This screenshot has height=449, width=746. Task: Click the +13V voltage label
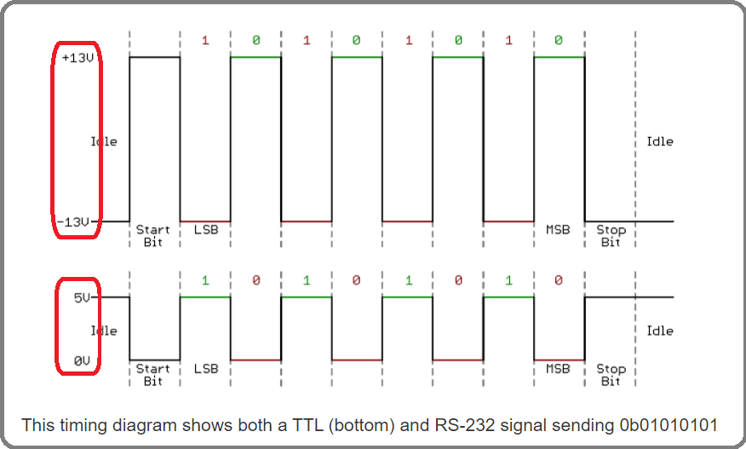77,58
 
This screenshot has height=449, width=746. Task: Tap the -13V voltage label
73,222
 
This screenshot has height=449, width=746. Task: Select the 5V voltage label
82,297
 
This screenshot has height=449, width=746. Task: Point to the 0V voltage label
82,361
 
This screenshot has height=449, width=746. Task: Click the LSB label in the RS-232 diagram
205,230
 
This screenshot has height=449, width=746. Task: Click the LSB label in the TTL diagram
205,369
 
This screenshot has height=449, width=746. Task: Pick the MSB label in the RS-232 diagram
558,230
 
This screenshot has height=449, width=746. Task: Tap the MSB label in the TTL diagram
558,369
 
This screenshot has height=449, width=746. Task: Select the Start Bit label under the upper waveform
153,236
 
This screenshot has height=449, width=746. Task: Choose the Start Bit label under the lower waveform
153,375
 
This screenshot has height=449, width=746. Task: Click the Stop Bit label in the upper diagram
611,236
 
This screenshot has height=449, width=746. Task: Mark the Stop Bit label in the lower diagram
611,375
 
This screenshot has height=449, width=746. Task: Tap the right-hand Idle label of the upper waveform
659,141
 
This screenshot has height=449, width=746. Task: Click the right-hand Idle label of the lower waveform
659,331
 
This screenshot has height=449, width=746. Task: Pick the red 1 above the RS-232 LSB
205,40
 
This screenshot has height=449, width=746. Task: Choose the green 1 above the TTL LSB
205,280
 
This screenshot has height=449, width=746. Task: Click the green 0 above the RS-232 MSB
559,40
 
